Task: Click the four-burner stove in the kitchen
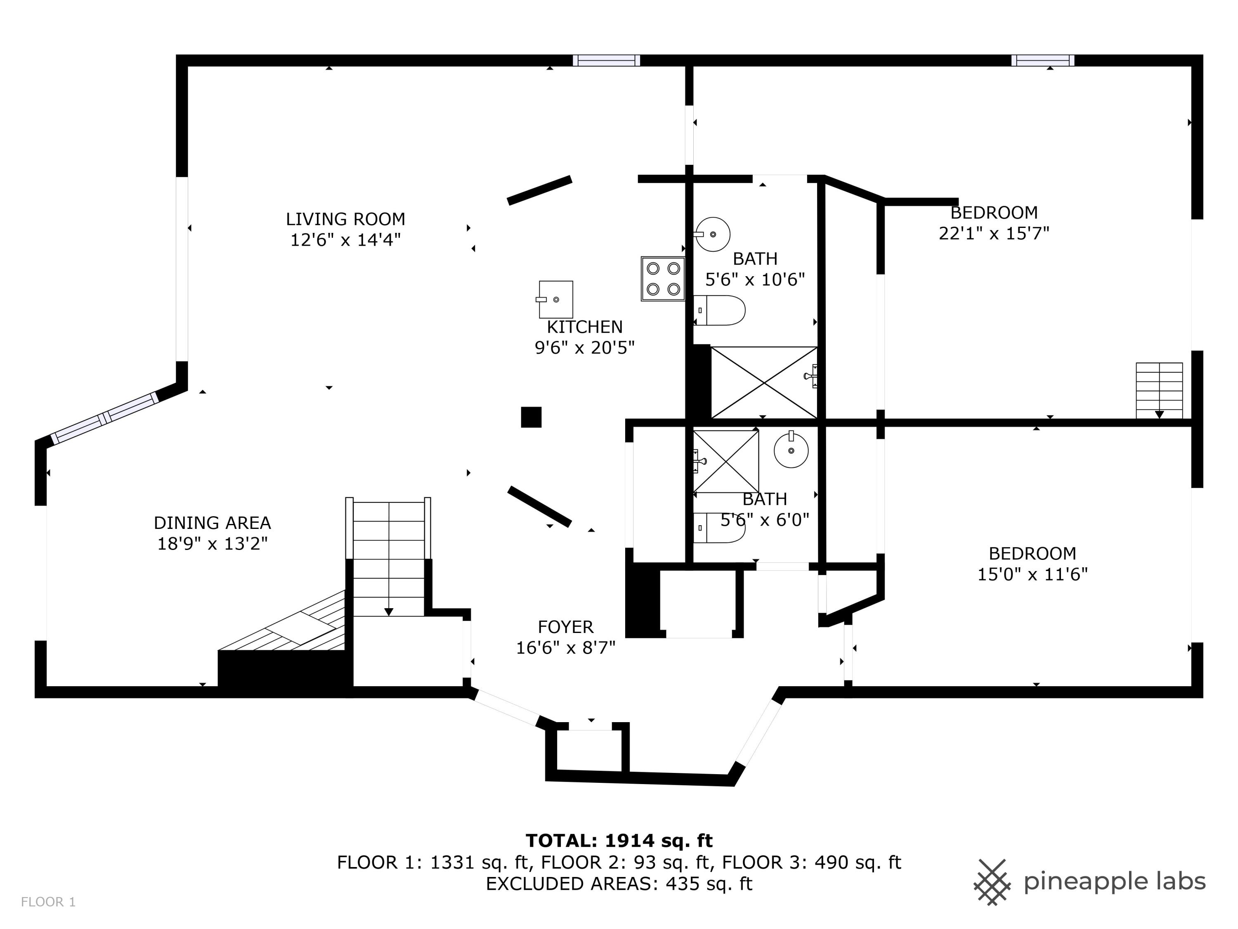pos(663,278)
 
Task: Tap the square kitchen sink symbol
pos(555,299)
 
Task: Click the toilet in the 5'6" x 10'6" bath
pos(720,310)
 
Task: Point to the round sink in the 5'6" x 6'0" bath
pos(791,450)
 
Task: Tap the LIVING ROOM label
pos(345,219)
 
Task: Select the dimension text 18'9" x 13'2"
pos(212,544)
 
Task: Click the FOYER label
pos(565,627)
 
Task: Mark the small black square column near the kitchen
pos(531,417)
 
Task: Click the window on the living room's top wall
pos(606,60)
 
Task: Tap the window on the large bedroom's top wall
pos(1042,60)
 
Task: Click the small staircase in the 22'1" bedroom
pos(1159,390)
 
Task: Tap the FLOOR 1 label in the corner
pos(48,902)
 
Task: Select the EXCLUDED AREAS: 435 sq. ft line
pos(619,884)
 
